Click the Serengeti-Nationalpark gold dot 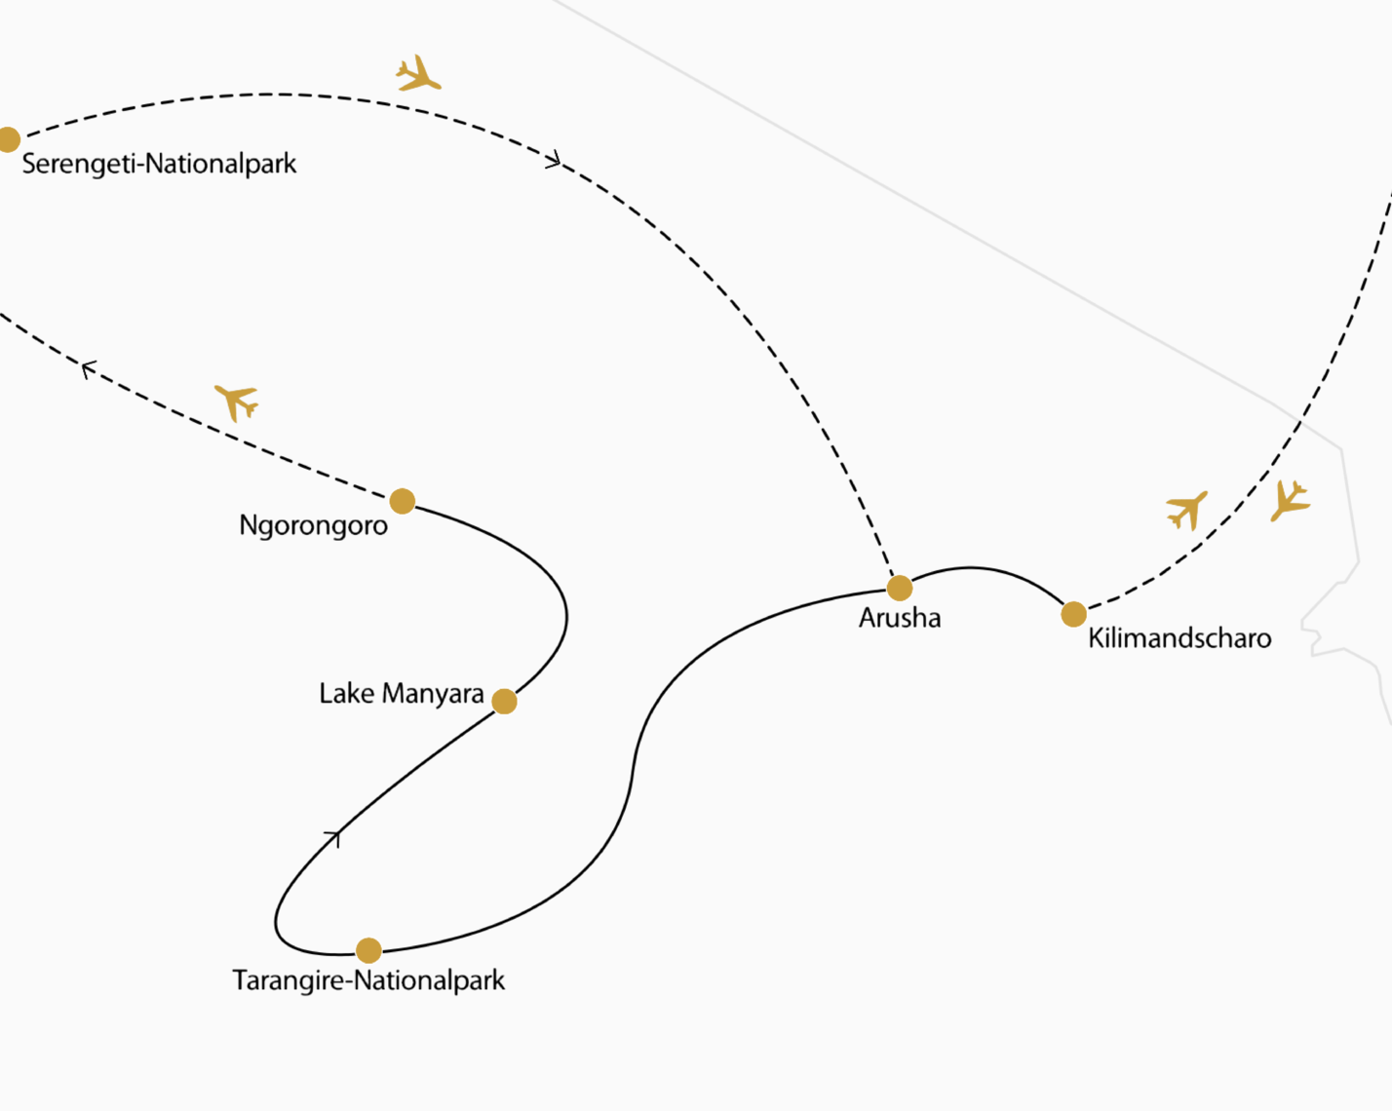pyautogui.click(x=8, y=139)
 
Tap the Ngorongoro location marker pyautogui.click(x=402, y=501)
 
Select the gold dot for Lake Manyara pyautogui.click(x=504, y=701)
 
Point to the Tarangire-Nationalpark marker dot pyautogui.click(x=368, y=949)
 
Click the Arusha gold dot pyautogui.click(x=900, y=588)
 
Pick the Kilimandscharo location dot pyautogui.click(x=1073, y=614)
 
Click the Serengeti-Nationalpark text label pyautogui.click(x=159, y=164)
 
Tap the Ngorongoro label pyautogui.click(x=313, y=526)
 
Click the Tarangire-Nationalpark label pyautogui.click(x=368, y=980)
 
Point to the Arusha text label pyautogui.click(x=900, y=618)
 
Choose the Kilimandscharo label pyautogui.click(x=1179, y=639)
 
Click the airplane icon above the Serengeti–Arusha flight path pyautogui.click(x=418, y=74)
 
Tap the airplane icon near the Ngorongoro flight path pyautogui.click(x=237, y=401)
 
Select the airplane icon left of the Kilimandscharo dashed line pyautogui.click(x=1187, y=510)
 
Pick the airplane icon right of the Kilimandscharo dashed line pyautogui.click(x=1290, y=501)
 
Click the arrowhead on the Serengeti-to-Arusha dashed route pyautogui.click(x=555, y=161)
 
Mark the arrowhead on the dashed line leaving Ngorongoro pyautogui.click(x=88, y=368)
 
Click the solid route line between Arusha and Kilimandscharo pyautogui.click(x=975, y=567)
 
